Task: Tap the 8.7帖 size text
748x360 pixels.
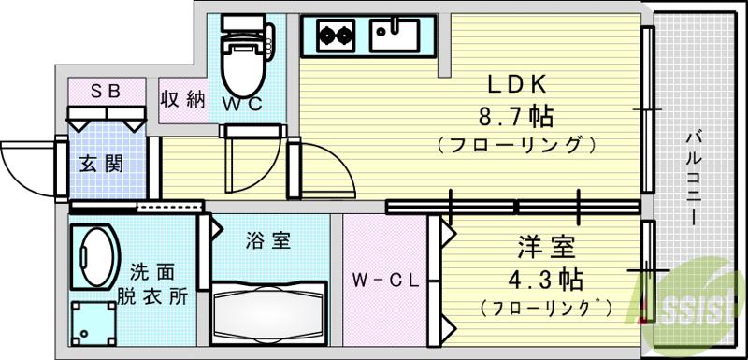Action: coord(515,117)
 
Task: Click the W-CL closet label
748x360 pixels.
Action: coord(384,279)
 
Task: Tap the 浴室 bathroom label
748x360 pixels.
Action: coord(267,241)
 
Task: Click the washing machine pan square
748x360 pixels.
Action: coord(92,320)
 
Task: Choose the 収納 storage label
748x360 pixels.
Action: coord(182,99)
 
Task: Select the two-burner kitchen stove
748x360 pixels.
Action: coord(334,36)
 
